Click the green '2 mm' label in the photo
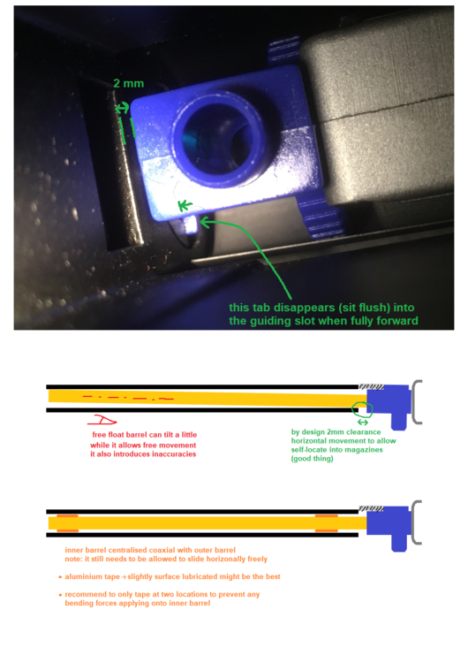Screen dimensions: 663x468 point(128,83)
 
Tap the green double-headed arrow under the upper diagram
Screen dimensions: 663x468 point(363,423)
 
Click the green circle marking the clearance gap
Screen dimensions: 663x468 point(361,408)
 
